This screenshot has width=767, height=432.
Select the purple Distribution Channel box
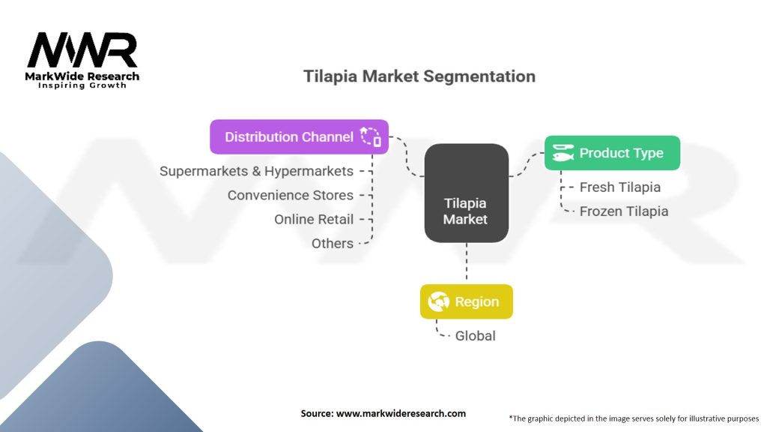click(299, 136)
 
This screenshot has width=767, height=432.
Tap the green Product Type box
click(612, 153)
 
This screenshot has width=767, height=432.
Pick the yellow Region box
click(466, 301)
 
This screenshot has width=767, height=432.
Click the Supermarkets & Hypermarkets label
click(255, 171)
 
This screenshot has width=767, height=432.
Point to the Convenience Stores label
click(290, 195)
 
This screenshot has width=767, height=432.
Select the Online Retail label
click(313, 219)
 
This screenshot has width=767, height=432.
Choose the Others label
click(332, 243)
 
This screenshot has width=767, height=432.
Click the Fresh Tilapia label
click(619, 187)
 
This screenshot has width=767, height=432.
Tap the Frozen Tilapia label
click(623, 211)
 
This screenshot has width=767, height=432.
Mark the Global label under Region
click(475, 335)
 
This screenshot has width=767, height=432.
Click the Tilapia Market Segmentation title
click(419, 76)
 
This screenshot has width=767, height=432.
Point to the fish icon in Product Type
click(563, 153)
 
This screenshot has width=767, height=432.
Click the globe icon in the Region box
click(438, 301)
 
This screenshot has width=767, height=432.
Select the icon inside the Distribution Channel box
click(370, 136)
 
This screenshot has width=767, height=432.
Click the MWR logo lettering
click(82, 51)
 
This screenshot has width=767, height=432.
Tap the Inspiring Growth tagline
click(82, 85)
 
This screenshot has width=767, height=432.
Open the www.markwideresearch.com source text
click(383, 413)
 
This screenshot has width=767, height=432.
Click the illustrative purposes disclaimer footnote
click(634, 418)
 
